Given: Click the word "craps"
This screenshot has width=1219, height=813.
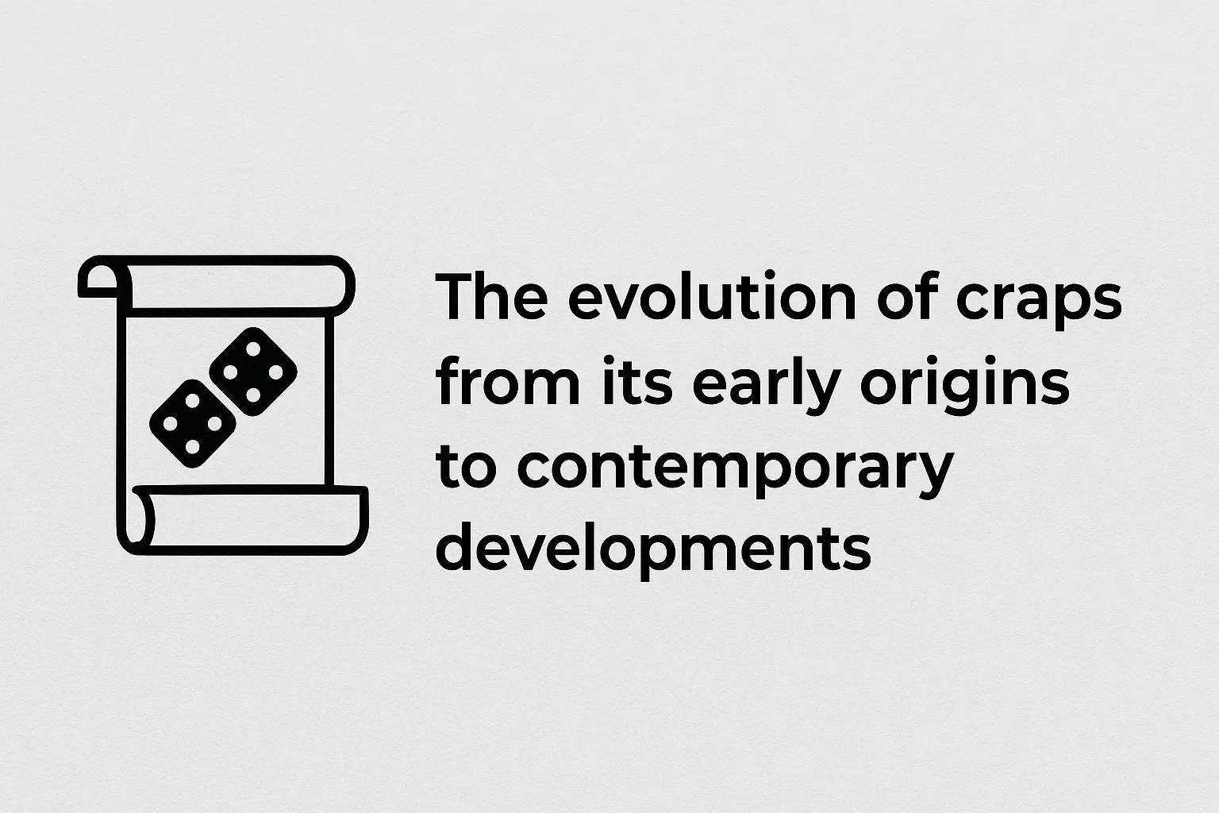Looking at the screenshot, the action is [1039, 303].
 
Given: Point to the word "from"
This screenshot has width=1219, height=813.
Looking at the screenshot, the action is [508, 380].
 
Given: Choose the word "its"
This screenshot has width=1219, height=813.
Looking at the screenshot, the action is [636, 380].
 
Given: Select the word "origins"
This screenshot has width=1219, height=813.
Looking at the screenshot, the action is [965, 386].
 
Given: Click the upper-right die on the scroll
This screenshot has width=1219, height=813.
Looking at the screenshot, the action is [253, 372].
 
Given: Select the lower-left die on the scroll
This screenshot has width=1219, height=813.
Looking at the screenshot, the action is [193, 424].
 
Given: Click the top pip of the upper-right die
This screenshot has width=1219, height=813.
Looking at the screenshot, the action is [253, 349].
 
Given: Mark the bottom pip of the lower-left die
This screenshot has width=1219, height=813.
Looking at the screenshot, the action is [193, 446].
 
